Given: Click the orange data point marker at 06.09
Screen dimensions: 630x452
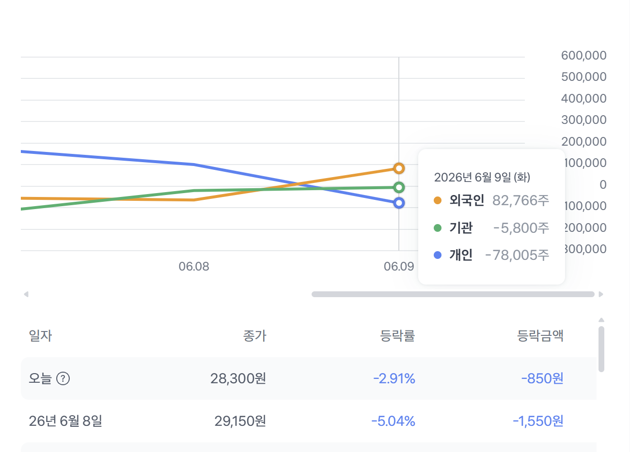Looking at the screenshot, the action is [399, 168].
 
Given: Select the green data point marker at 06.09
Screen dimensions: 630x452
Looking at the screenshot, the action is [399, 187].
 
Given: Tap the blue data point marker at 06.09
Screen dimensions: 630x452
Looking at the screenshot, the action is [399, 203].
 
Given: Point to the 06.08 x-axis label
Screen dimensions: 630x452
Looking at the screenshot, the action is [194, 266].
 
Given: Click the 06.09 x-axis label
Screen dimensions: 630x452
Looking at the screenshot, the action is [399, 266].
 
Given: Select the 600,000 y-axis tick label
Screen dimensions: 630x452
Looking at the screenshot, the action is [583, 55].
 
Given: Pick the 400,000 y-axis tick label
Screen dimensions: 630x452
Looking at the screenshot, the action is [583, 98].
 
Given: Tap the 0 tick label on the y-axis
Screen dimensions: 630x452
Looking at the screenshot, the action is [603, 184].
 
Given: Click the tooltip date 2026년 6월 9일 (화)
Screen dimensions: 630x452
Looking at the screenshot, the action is [482, 177].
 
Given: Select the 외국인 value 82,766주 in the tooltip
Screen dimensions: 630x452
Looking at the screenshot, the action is [520, 200].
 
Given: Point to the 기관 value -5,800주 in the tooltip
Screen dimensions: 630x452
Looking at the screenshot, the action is [521, 228].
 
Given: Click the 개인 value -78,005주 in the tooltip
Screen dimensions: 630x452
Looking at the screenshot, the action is [517, 255].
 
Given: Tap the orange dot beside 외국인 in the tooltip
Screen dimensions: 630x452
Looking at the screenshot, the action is [438, 200].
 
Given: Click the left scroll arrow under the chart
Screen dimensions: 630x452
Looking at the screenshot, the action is [26, 294].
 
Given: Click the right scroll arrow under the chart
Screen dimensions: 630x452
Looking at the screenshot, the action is [601, 294].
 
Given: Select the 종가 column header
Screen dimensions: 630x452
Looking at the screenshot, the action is [254, 336].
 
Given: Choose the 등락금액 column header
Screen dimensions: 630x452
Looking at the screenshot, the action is [540, 336].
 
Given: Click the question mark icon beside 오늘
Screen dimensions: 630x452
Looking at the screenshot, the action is [63, 378].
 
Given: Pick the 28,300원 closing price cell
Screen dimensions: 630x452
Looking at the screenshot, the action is [238, 378].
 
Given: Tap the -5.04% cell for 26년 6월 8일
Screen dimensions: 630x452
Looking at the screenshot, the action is [393, 421].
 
